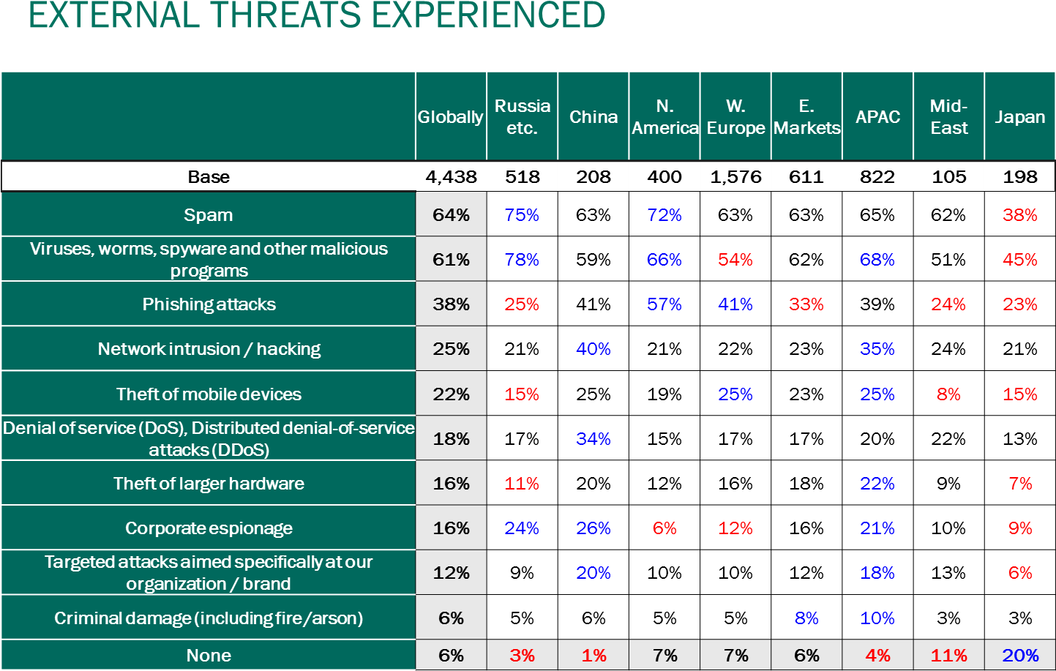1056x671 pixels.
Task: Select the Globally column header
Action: tap(451, 117)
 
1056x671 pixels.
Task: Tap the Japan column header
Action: tap(1019, 117)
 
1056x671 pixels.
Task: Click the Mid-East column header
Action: tap(948, 117)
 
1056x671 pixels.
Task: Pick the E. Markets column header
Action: tap(806, 117)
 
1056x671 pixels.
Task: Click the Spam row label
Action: tap(209, 215)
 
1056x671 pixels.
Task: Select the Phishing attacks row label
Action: tap(209, 304)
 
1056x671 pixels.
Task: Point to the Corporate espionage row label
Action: tap(209, 528)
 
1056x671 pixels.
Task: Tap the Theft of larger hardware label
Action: tap(209, 484)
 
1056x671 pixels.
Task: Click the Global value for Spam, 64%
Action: tap(451, 215)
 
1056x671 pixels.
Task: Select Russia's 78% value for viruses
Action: tap(522, 260)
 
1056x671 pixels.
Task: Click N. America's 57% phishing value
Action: tap(664, 304)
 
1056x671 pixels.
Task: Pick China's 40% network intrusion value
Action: tap(593, 349)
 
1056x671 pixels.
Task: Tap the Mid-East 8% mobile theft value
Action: tap(948, 394)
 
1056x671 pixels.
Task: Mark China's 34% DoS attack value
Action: tap(593, 439)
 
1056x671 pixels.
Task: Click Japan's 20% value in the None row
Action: tap(1019, 656)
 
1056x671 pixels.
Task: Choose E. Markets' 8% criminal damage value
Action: tap(806, 618)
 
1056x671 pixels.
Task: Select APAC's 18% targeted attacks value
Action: tap(877, 573)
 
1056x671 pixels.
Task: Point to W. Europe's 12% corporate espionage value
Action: tap(735, 528)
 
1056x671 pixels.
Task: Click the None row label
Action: tap(209, 656)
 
